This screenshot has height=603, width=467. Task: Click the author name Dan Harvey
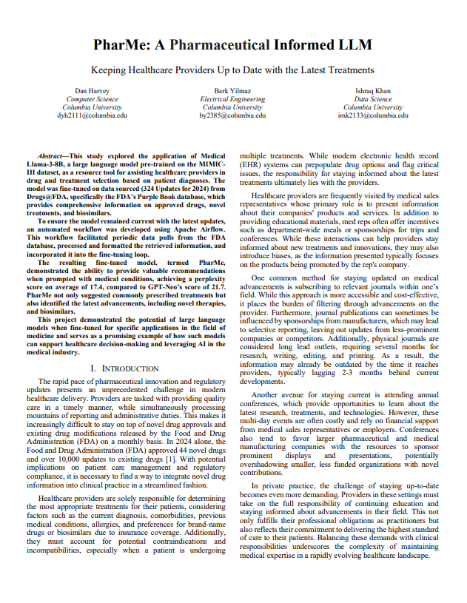[92, 90]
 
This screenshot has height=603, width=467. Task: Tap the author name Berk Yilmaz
[233, 90]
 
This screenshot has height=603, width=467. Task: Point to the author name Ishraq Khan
[372, 90]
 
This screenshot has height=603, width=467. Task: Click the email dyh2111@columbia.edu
[92, 115]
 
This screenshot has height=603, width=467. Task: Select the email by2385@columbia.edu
[233, 115]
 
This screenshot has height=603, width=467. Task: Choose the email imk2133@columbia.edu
[372, 115]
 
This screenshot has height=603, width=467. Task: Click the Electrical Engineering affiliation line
[233, 98]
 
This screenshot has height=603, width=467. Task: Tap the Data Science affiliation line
[372, 98]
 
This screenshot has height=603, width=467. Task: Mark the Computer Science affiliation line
[92, 98]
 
